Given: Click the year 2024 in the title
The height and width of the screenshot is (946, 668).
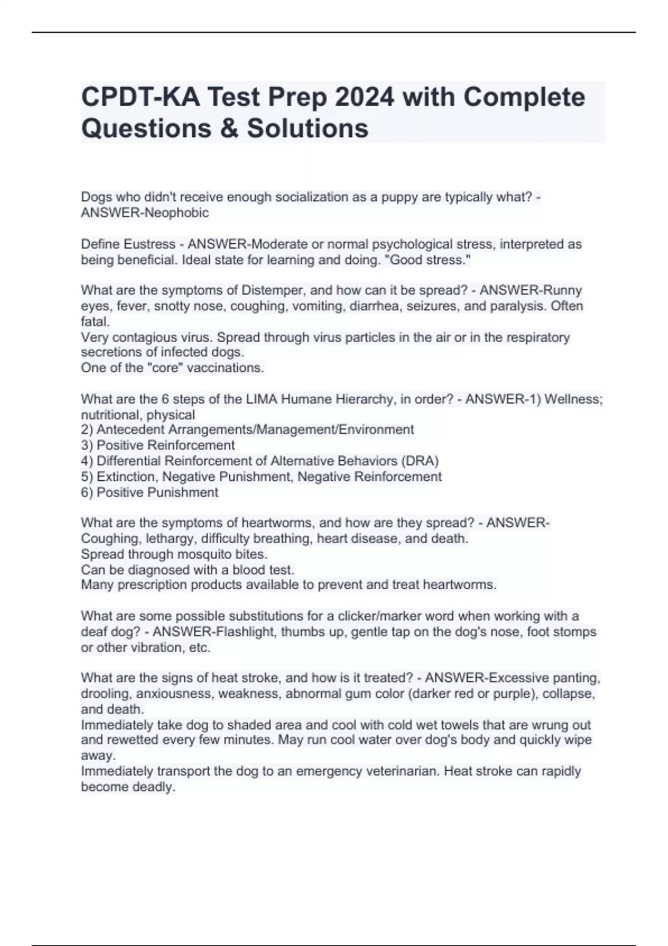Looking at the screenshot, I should [x=364, y=97].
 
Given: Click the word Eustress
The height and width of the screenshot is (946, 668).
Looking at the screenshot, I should [x=149, y=244].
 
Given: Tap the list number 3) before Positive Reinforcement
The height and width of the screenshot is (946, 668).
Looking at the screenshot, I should [x=87, y=445].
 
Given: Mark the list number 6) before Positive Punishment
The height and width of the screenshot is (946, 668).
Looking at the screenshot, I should [x=87, y=492].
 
